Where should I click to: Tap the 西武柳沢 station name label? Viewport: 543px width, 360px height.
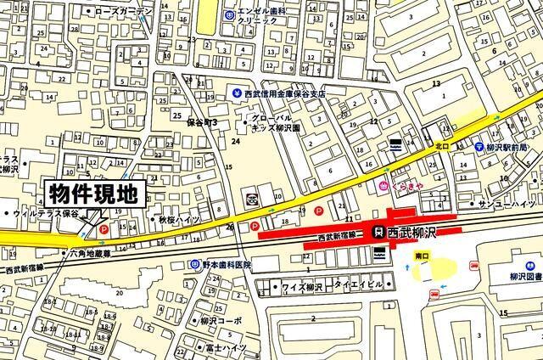pos(411,232)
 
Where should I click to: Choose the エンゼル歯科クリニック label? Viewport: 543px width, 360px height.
pos(263,15)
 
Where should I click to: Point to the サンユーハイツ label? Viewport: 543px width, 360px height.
pos(509,205)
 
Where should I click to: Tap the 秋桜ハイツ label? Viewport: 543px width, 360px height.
pos(177,219)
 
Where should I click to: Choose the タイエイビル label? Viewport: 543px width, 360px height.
pos(360,284)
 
